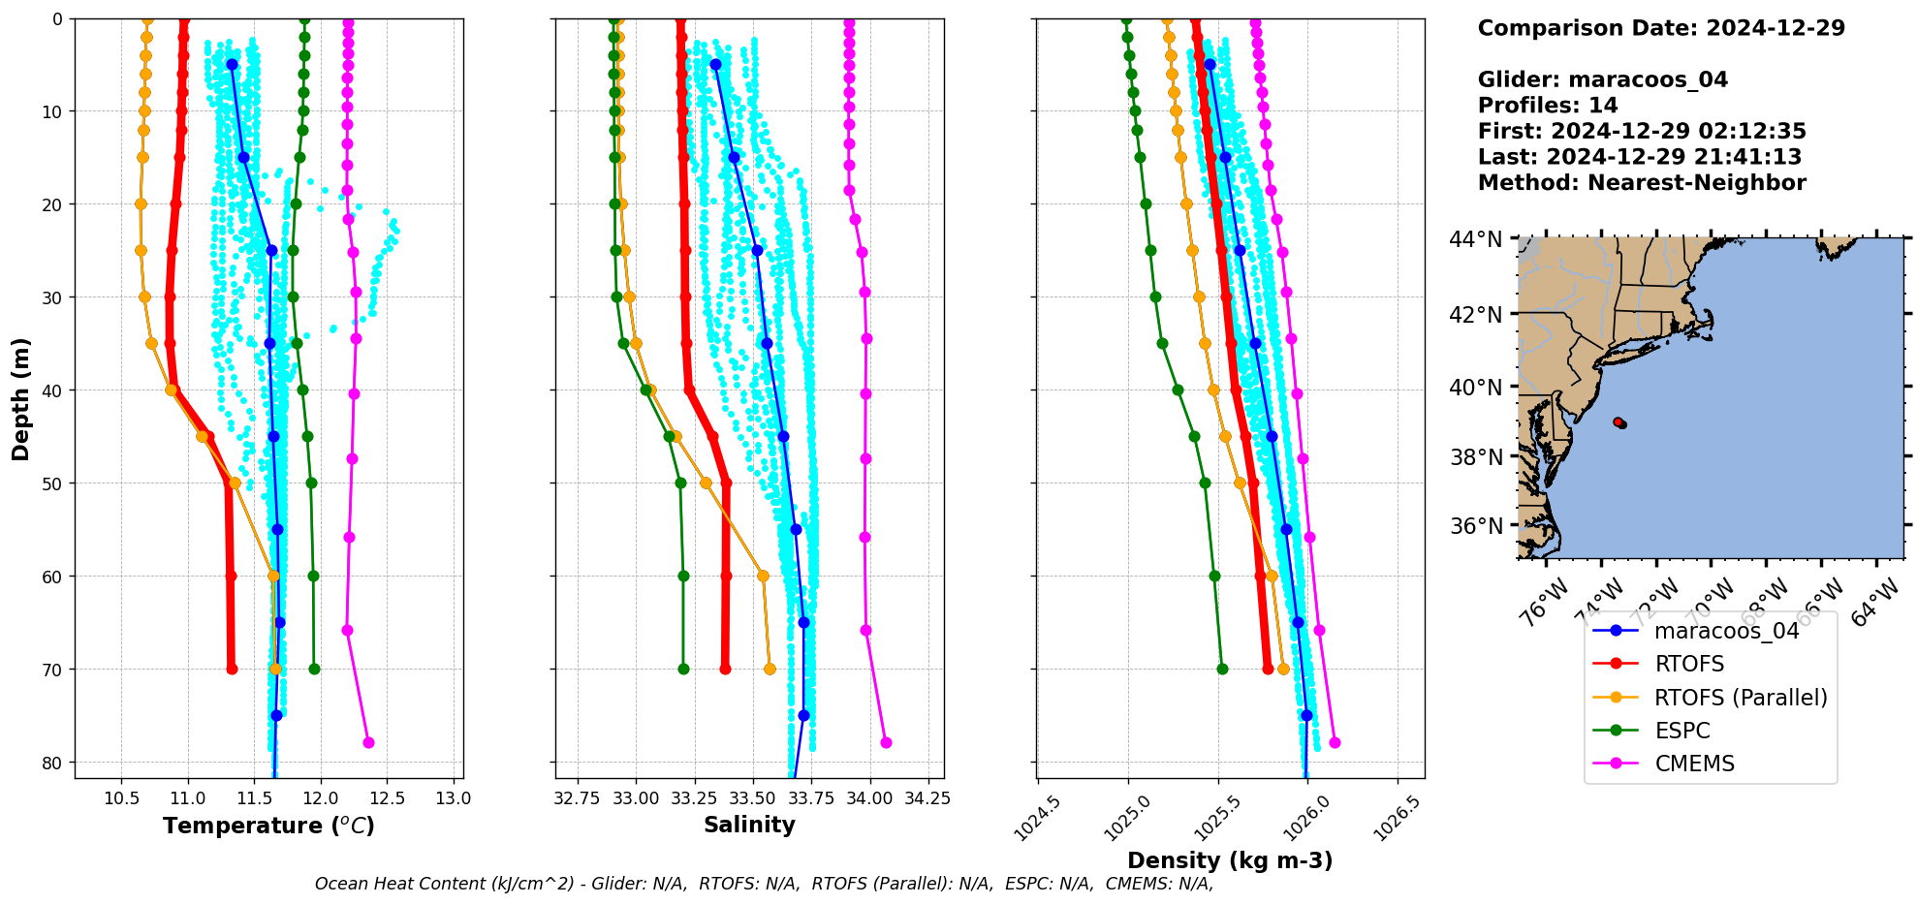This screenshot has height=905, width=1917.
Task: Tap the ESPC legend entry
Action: (x=1682, y=731)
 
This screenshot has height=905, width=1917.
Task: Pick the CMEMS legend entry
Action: (x=1694, y=764)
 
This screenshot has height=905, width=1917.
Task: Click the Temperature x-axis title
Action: (x=268, y=826)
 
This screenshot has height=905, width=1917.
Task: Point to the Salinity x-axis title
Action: (x=749, y=826)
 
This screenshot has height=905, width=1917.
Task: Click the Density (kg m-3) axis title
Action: (x=1230, y=860)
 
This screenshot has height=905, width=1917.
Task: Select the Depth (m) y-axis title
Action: (x=21, y=398)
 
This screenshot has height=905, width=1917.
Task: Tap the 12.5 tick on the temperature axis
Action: (x=387, y=799)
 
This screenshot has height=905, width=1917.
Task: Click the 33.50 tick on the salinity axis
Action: (x=752, y=799)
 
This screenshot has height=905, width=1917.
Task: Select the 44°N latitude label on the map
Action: (x=1475, y=239)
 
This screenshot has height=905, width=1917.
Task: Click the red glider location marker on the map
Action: (x=1618, y=422)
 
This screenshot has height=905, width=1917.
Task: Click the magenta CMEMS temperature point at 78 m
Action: (x=368, y=743)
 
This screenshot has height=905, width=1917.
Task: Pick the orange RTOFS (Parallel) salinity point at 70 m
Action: (x=770, y=669)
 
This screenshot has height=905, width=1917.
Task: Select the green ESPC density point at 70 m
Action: (x=1222, y=669)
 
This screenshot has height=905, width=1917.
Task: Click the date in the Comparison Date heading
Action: (x=1776, y=28)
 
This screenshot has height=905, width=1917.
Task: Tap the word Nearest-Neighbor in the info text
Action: (x=1697, y=183)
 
